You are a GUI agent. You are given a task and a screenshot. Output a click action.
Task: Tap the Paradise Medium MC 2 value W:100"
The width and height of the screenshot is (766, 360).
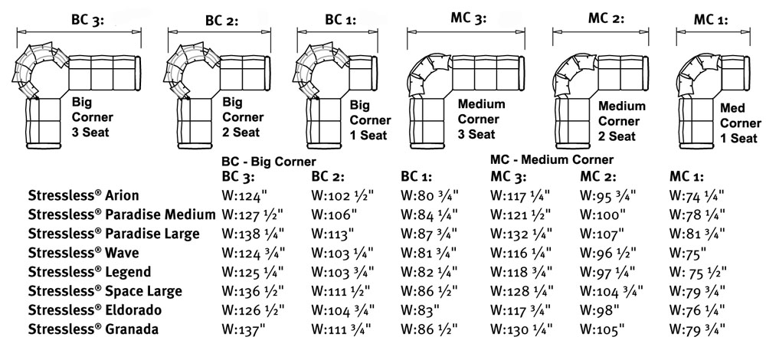[603, 214]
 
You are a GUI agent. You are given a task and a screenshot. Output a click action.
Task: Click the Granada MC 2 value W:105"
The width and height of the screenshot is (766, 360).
[603, 329]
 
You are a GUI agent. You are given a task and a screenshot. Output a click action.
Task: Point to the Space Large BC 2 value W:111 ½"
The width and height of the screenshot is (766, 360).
[341, 291]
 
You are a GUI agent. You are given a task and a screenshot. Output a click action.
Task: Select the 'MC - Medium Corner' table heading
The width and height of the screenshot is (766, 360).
[552, 159]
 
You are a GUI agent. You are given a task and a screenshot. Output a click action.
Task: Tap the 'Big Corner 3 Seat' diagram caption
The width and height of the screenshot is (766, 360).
[93, 116]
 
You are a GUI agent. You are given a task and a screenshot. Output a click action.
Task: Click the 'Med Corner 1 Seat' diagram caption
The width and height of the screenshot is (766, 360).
[740, 123]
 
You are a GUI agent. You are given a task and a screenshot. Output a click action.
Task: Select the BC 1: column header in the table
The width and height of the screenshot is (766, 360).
[417, 177]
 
